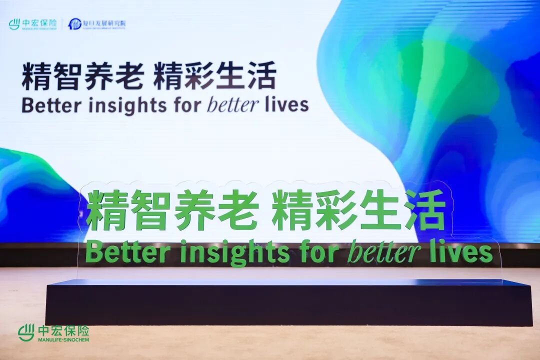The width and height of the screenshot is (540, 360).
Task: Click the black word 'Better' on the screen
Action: (45, 105)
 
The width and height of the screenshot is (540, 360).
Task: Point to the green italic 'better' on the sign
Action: (383, 252)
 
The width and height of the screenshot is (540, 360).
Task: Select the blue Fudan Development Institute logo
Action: (97, 24)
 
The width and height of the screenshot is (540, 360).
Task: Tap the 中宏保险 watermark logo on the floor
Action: (53, 333)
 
